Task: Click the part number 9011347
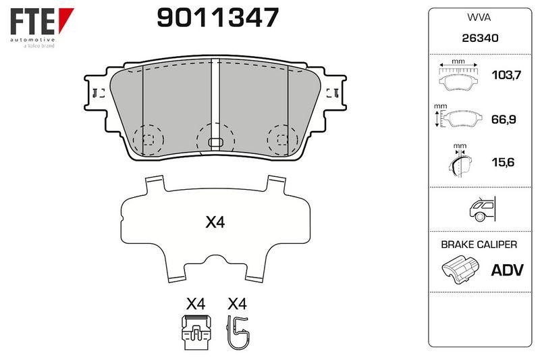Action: tap(217, 18)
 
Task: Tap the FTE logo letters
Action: tap(32, 22)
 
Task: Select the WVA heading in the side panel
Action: tap(479, 18)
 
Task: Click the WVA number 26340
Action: tap(480, 38)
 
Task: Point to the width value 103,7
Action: tap(507, 75)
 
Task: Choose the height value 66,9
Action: tap(504, 119)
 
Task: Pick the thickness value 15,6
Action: tap(503, 162)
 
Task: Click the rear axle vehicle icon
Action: tap(483, 209)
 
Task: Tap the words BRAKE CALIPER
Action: tap(479, 245)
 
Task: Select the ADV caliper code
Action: tap(507, 270)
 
